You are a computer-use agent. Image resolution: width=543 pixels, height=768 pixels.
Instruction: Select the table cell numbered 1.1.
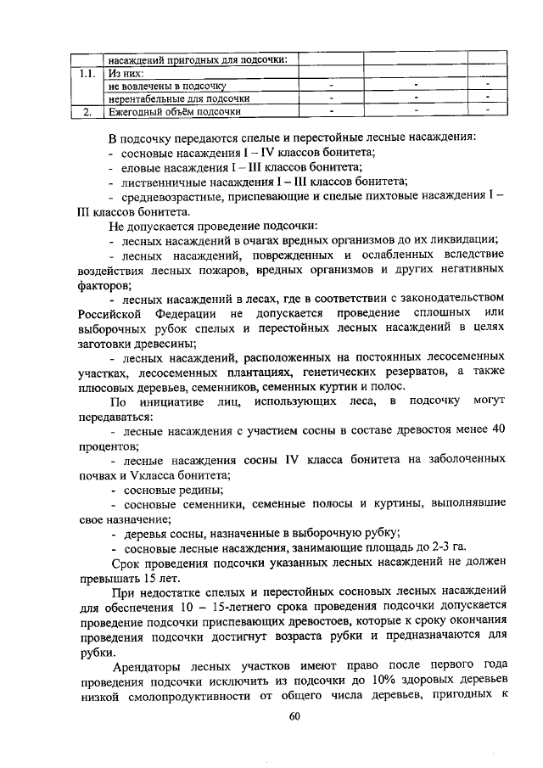pos(84,73)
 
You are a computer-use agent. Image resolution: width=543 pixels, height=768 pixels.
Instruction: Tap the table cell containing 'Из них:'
pos(123,73)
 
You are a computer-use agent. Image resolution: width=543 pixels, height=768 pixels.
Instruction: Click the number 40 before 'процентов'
pos(499,430)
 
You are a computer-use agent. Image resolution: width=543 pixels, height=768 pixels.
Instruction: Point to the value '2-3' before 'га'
pos(431,547)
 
